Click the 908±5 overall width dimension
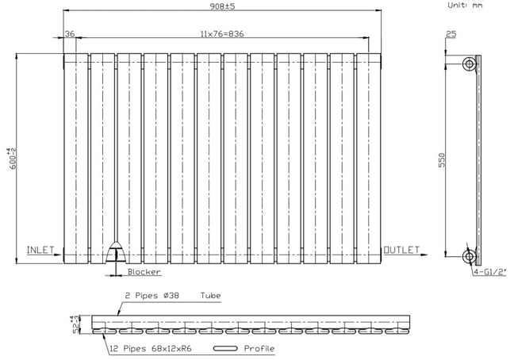pyautogui.click(x=222, y=6)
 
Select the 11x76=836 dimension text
pyautogui.click(x=222, y=34)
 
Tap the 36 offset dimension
pyautogui.click(x=70, y=33)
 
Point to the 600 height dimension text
pyautogui.click(x=13, y=158)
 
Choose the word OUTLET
pyautogui.click(x=401, y=250)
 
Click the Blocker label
pyautogui.click(x=144, y=272)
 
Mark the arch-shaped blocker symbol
pyautogui.click(x=116, y=251)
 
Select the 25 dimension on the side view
pyautogui.click(x=451, y=34)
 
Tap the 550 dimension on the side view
pyautogui.click(x=442, y=160)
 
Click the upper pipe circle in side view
pyautogui.click(x=469, y=64)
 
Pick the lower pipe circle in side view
pyautogui.click(x=469, y=257)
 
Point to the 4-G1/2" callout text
pyautogui.click(x=490, y=272)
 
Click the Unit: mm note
pyautogui.click(x=465, y=6)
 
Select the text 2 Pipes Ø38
pyautogui.click(x=152, y=296)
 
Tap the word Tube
pyautogui.click(x=210, y=296)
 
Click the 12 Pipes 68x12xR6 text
pyautogui.click(x=151, y=349)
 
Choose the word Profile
pyautogui.click(x=259, y=349)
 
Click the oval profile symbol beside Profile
pyautogui.click(x=225, y=349)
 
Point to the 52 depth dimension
pyautogui.click(x=75, y=324)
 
